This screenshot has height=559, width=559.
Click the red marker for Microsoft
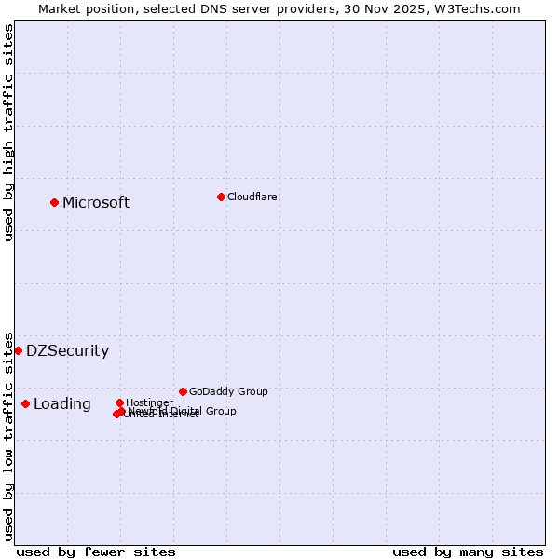click(54, 202)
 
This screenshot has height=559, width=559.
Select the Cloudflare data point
click(221, 197)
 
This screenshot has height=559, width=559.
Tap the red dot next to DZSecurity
click(18, 350)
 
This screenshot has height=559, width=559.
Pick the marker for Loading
click(25, 403)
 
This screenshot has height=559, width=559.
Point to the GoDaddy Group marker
click(183, 391)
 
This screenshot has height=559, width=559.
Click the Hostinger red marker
click(119, 402)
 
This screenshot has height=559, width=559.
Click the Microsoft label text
click(96, 202)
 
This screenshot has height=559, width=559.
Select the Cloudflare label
click(252, 197)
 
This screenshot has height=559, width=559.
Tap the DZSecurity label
click(67, 350)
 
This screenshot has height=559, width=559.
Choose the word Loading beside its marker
click(62, 403)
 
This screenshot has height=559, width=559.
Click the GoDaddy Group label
click(228, 391)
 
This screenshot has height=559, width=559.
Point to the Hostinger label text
click(150, 402)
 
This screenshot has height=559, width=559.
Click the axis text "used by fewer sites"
click(96, 552)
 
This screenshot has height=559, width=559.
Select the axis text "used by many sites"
click(468, 552)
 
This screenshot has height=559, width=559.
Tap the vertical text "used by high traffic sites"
click(9, 133)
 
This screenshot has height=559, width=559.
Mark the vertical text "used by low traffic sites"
click(9, 435)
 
